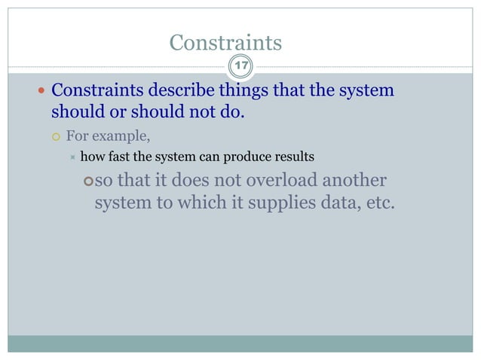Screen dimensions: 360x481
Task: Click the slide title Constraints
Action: [x=226, y=43]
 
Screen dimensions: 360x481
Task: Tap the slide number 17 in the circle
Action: [x=241, y=67]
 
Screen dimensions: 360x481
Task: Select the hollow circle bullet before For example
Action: [x=56, y=137]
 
